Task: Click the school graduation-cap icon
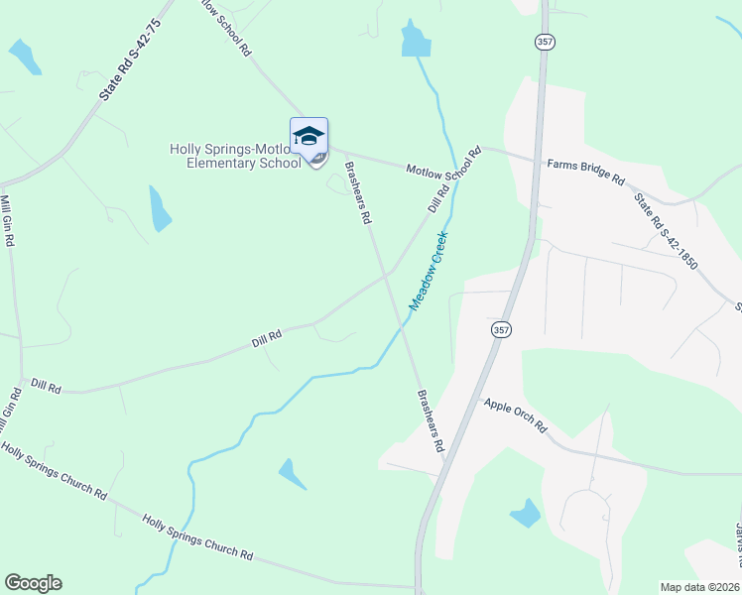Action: (309, 137)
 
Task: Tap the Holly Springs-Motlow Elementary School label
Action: (234, 157)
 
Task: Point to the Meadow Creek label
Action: (430, 269)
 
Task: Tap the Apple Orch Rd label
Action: (515, 415)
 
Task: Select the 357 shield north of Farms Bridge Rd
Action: (544, 42)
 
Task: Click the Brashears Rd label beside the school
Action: (356, 190)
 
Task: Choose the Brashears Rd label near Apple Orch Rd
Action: (430, 420)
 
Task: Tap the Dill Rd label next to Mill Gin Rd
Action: (46, 386)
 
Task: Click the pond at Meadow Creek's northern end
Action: (415, 39)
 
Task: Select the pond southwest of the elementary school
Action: (159, 208)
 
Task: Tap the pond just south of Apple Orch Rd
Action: (525, 513)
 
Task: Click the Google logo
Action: (33, 583)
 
